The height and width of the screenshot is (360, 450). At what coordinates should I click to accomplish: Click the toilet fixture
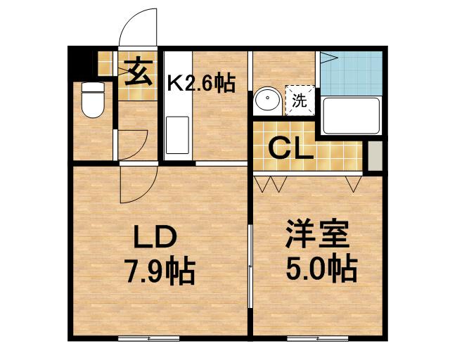(93, 100)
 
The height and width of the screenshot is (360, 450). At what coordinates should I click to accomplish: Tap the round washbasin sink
(268, 98)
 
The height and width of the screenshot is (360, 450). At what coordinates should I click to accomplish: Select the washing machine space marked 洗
(300, 100)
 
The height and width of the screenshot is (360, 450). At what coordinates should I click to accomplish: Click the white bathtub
(351, 116)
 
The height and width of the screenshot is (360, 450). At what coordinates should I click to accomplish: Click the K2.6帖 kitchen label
(201, 83)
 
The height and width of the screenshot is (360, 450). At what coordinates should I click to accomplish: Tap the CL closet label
(290, 148)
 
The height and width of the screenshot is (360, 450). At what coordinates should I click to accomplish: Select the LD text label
(155, 237)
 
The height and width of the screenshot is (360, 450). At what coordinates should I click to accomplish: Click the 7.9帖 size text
(160, 271)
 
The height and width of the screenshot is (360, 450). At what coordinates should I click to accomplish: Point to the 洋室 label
(317, 234)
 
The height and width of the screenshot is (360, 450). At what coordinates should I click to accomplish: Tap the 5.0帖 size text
(321, 268)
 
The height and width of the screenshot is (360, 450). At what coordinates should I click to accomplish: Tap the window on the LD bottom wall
(149, 339)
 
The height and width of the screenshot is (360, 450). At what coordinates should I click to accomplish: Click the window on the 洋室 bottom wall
(318, 339)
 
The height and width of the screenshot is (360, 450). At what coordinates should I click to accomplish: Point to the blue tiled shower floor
(351, 73)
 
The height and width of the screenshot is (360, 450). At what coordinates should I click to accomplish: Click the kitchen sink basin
(177, 135)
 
